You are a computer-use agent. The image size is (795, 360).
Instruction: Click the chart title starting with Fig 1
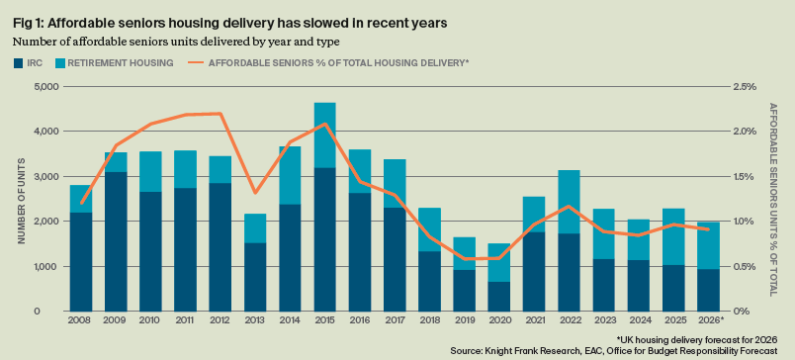coord(230,24)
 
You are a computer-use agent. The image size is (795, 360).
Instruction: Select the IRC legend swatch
coord(18,63)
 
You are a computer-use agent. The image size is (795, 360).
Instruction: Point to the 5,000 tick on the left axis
coord(45,87)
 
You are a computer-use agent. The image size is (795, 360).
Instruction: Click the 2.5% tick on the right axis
coord(745,87)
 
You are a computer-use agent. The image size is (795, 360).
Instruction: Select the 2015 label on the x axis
coord(324,319)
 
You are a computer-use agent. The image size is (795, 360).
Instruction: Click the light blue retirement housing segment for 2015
coord(324,135)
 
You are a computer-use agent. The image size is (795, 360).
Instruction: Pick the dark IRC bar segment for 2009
coord(116,241)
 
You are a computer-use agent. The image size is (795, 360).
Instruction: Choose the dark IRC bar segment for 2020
coord(498,296)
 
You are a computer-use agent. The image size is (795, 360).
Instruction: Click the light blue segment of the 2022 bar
coord(569,202)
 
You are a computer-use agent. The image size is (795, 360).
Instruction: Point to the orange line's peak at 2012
coord(221,113)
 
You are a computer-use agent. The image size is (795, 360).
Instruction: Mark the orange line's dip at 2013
coord(255,193)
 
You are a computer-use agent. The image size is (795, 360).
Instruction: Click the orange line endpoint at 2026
coord(708,229)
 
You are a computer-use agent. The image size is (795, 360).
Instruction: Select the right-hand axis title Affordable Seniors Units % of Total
coord(772,199)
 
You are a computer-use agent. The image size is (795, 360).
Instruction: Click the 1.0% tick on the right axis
coord(745,222)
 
